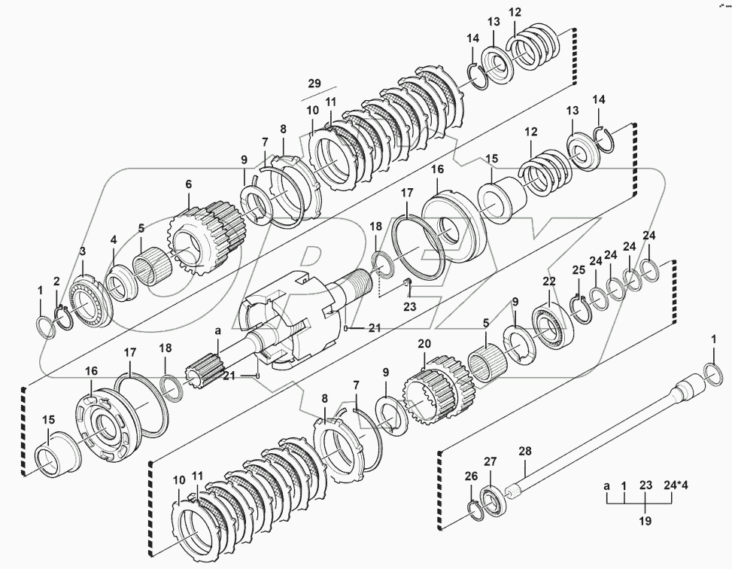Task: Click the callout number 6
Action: tap(188, 184)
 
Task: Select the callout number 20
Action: tap(424, 343)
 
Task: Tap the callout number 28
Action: tap(525, 452)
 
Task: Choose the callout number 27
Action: tap(490, 461)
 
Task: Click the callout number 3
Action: tap(83, 251)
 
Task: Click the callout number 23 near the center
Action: tap(409, 306)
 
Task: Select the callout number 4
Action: tap(114, 240)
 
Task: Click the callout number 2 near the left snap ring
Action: tap(56, 281)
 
